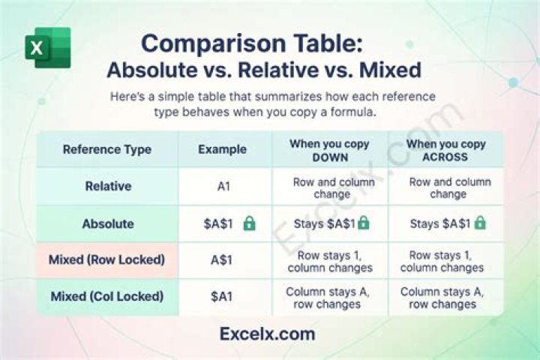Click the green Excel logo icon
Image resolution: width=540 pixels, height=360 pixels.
pos(48,47)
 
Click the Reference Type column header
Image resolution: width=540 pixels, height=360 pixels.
pos(107,149)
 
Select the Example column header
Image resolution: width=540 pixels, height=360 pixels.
pos(223,149)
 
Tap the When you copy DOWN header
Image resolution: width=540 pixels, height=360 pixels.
pos(329,150)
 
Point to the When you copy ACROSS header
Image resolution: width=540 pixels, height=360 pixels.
pos(445,150)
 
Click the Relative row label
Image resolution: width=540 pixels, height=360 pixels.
pos(108,186)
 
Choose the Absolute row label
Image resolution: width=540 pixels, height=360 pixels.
pos(108,224)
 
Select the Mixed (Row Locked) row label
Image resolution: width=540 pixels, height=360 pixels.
pos(106,259)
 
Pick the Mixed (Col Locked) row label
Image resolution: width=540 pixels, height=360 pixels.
pos(107,296)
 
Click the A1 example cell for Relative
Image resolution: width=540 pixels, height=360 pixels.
pos(223,187)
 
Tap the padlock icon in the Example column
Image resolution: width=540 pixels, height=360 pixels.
pos(249,223)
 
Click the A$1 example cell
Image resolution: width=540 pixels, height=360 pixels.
pos(221,260)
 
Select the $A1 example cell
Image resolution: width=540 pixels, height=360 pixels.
pos(221,296)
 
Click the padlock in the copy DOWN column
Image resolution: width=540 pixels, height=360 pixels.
pos(363,223)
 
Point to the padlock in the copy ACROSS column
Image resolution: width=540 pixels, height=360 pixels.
pos(480,223)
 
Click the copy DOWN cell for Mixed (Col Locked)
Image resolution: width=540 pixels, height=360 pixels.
pos(328,298)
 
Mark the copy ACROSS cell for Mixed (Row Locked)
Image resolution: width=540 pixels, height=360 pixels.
pos(442,262)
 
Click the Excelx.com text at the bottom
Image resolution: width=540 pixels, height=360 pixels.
pos(267,334)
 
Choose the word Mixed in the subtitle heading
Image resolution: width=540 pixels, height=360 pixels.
pos(390,70)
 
